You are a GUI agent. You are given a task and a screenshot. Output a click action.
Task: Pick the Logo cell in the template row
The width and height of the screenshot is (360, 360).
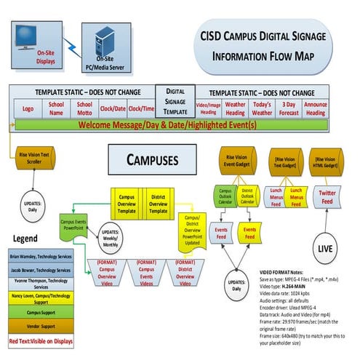coord(28,108)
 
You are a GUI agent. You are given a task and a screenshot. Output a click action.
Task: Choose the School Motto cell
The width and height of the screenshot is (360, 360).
coord(85,108)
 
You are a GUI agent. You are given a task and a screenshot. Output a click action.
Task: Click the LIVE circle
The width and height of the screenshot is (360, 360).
coord(326,249)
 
